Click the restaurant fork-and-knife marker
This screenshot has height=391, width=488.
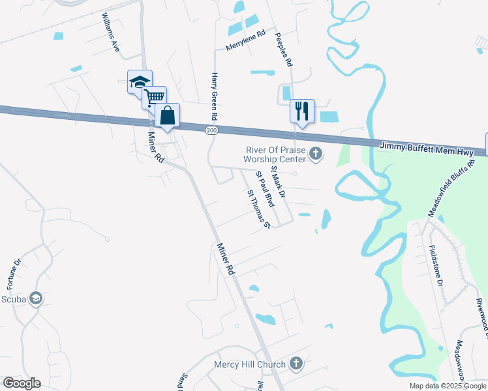(302, 111)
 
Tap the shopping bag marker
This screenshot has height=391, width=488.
(167, 115)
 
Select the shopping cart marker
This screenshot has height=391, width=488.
(154, 98)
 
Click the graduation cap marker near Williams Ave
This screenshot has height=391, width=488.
(140, 82)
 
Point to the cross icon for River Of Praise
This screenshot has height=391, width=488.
(316, 154)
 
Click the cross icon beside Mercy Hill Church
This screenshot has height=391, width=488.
(296, 364)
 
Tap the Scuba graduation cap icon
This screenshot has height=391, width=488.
(36, 298)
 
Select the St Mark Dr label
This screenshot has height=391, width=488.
(279, 181)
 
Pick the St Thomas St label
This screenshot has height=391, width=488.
(258, 209)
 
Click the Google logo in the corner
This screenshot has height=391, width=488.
(22, 383)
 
